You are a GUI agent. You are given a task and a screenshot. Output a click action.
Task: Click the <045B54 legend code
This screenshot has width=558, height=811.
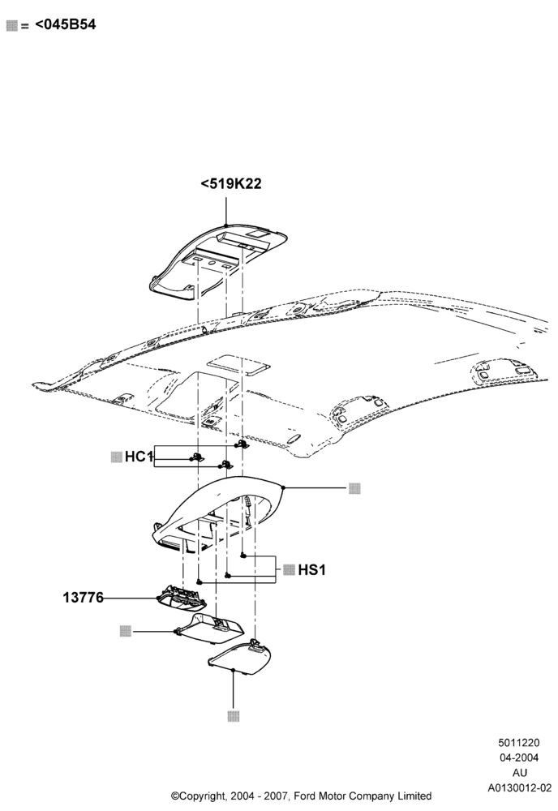point(66,24)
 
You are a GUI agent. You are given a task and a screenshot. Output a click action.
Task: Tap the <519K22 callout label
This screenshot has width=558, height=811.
point(231,183)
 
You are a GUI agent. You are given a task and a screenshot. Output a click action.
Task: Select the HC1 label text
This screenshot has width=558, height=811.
point(139,457)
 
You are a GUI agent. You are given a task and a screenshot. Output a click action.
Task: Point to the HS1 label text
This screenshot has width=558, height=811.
point(311,570)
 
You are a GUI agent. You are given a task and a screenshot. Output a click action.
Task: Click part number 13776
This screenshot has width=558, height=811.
point(84,598)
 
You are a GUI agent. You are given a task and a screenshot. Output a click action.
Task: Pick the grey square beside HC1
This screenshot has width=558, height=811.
point(116,457)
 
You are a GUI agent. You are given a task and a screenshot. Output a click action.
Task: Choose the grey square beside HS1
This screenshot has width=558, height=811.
point(289,570)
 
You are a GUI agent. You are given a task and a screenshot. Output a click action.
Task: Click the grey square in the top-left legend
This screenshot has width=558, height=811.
point(12,26)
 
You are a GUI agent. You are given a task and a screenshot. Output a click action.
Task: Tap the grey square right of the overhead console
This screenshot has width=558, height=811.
point(354,487)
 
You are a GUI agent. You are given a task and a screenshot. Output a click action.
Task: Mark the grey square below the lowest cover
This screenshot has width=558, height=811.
point(234,716)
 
